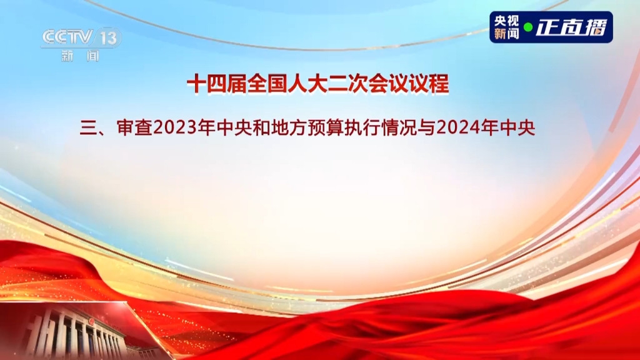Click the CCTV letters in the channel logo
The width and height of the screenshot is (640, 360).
click(x=67, y=37)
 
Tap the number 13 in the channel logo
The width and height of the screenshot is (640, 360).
click(x=109, y=38)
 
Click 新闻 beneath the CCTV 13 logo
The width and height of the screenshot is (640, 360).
click(x=81, y=56)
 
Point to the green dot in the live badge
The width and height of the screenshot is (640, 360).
click(x=528, y=27)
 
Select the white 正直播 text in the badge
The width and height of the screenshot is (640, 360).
click(x=571, y=27)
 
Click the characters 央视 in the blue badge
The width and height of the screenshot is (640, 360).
click(x=506, y=21)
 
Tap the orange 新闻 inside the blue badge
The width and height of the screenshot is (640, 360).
click(x=506, y=34)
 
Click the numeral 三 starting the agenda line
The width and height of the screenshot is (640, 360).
click(x=87, y=128)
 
